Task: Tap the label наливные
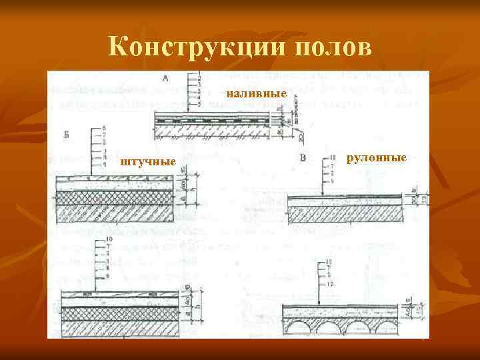(x=257, y=95)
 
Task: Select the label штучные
(x=147, y=161)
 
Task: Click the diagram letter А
(x=165, y=78)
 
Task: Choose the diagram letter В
(x=303, y=158)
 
